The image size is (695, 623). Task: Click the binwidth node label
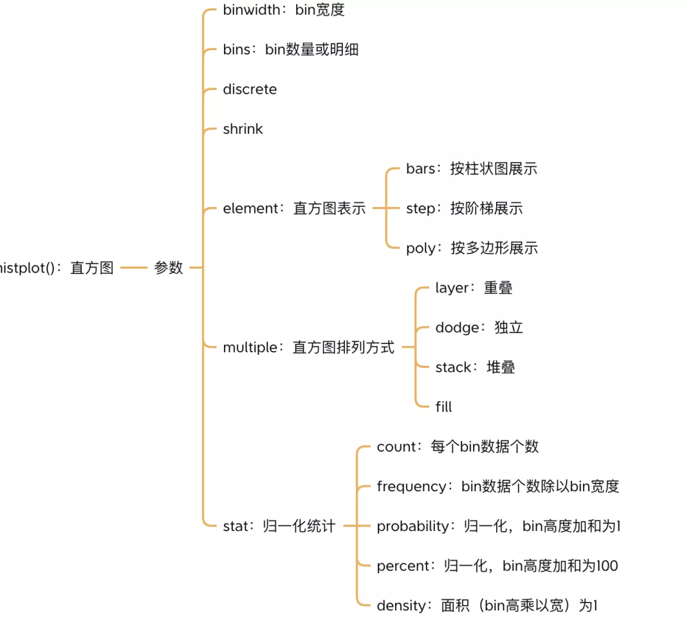(284, 10)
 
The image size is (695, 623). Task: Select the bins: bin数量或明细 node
(290, 50)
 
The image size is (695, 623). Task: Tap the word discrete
(250, 89)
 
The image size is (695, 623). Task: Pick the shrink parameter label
(243, 129)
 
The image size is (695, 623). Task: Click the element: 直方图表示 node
(294, 208)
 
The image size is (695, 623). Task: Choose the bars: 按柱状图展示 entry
(471, 169)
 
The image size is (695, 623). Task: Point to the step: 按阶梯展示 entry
(464, 208)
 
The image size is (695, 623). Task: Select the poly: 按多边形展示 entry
(471, 248)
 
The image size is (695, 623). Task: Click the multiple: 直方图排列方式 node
(308, 348)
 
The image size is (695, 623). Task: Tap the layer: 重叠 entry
(474, 288)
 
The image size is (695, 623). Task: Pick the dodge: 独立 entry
(479, 328)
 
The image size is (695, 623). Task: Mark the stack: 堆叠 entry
(475, 368)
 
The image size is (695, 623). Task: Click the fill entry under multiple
(443, 407)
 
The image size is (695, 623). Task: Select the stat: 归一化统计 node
(279, 526)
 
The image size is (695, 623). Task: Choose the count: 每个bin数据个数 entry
(458, 447)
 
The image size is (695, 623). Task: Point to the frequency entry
(497, 487)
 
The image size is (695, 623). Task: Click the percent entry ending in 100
(497, 566)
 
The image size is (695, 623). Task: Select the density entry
(487, 606)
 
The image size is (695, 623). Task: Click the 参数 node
(169, 268)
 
